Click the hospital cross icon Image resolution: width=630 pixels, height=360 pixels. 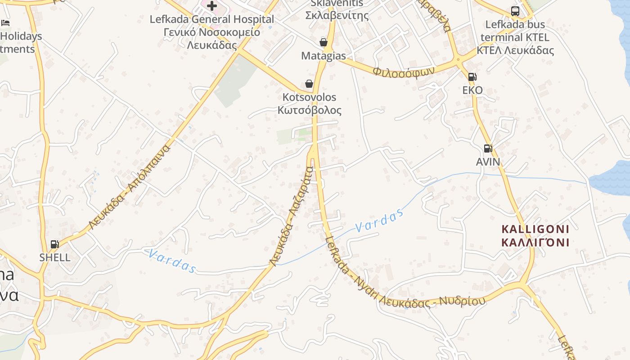[x=212, y=6]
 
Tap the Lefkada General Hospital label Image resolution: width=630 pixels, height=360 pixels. [x=211, y=32]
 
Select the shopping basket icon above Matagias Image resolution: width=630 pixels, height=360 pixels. [x=323, y=42]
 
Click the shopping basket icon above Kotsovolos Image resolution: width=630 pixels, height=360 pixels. [x=309, y=84]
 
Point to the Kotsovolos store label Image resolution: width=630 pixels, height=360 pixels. [x=309, y=103]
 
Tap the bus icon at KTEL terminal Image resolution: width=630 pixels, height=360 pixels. [x=515, y=11]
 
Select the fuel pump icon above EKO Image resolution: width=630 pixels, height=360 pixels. [x=472, y=77]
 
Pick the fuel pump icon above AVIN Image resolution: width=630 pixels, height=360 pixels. [x=488, y=148]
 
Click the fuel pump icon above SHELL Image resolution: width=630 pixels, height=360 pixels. [x=54, y=244]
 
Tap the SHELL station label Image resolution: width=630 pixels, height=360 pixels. [x=55, y=257]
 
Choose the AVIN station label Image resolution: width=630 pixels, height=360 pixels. [x=488, y=161]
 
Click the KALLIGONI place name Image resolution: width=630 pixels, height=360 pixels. [x=535, y=236]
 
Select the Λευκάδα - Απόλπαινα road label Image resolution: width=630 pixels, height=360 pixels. [x=130, y=187]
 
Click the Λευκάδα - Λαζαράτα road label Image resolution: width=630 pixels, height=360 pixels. [x=291, y=216]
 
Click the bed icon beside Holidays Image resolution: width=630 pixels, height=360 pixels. [x=5, y=22]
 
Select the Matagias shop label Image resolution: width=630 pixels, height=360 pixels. [x=324, y=56]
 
